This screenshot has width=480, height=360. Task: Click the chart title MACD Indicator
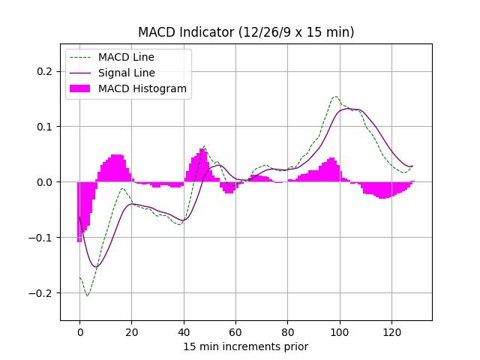(x=246, y=32)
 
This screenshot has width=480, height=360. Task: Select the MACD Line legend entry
(x=126, y=57)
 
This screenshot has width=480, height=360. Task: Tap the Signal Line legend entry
(x=126, y=73)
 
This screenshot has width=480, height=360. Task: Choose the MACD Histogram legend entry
(x=142, y=88)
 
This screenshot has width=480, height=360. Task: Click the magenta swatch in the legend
(x=80, y=88)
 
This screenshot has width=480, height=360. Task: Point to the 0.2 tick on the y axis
(x=46, y=71)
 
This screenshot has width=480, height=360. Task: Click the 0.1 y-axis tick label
(x=46, y=127)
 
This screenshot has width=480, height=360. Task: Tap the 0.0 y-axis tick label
(x=46, y=182)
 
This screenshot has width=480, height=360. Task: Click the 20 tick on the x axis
(x=131, y=332)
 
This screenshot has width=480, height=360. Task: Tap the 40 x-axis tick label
(x=184, y=332)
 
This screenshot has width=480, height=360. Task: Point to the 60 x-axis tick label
(x=235, y=332)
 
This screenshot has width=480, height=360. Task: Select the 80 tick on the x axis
(x=288, y=332)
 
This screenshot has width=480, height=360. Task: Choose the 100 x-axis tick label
(x=340, y=332)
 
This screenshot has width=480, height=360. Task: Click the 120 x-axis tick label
(x=392, y=332)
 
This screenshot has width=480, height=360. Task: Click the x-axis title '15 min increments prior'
(x=246, y=346)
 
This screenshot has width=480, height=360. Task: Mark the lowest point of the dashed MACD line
(x=87, y=295)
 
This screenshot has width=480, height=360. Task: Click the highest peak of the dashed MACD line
(x=335, y=97)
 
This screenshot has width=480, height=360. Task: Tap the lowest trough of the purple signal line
(x=95, y=267)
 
